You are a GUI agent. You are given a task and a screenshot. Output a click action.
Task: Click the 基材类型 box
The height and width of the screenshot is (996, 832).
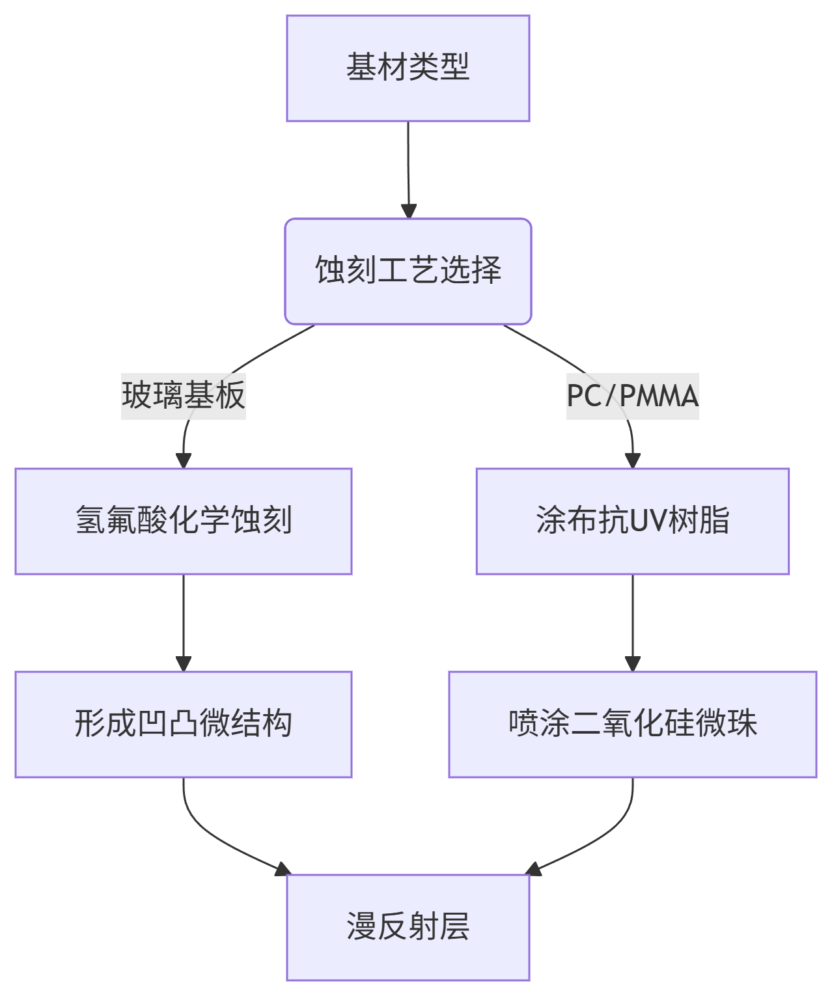point(408,68)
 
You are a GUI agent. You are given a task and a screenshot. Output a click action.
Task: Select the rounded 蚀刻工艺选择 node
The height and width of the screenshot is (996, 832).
point(408,271)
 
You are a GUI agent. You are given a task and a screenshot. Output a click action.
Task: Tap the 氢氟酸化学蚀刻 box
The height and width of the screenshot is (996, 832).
point(184,521)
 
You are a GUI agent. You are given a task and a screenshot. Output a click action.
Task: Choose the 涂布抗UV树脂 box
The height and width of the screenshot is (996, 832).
point(632,521)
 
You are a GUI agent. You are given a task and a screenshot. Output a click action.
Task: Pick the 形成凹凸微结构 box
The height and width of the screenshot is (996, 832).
point(184,724)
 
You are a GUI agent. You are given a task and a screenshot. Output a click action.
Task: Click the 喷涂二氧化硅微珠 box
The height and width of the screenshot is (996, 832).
point(632,724)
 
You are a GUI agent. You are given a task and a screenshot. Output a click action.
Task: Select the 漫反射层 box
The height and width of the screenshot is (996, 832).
point(408,927)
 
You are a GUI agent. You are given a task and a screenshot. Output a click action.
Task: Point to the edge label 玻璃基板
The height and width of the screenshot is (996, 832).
point(184,396)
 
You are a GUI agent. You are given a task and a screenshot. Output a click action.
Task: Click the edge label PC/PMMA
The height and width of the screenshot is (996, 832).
point(632,396)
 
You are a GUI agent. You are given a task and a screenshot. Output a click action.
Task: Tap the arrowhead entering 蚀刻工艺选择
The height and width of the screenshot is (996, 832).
point(408,211)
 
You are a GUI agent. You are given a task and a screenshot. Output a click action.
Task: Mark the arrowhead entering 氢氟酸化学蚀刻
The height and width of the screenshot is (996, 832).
point(184,460)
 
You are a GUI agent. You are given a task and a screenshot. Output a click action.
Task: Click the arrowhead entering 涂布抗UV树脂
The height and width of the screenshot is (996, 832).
point(632,460)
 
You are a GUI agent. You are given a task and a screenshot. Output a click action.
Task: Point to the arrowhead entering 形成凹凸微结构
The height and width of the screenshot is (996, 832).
point(184,663)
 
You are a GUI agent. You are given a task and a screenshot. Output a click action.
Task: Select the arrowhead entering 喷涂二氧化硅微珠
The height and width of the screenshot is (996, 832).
point(632,663)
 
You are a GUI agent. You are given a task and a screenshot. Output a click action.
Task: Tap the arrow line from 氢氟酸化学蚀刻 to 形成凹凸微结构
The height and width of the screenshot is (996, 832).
point(184,618)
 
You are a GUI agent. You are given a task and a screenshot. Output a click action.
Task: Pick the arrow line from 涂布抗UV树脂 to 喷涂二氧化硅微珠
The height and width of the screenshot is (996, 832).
point(632,618)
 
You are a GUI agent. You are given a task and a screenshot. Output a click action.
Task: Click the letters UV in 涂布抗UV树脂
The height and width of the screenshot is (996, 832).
point(646,521)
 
